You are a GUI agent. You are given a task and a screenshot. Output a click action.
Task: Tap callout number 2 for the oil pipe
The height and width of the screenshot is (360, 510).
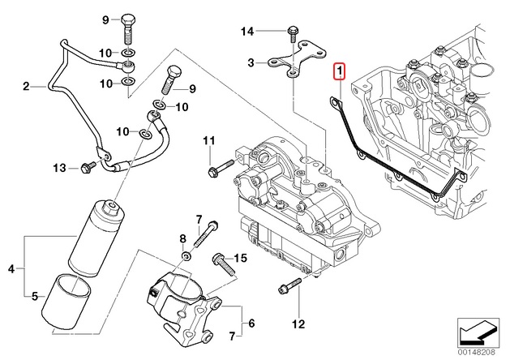[x=26, y=85]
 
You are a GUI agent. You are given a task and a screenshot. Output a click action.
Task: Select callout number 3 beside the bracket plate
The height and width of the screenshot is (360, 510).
[x=251, y=62]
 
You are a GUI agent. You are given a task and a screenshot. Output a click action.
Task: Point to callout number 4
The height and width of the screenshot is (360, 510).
[x=11, y=268]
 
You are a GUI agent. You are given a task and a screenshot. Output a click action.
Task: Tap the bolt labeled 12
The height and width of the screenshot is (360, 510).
[x=285, y=287]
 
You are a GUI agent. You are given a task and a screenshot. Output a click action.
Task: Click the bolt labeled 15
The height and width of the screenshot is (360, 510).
[x=219, y=260]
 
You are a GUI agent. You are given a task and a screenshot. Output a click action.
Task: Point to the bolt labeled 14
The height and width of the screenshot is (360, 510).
[x=289, y=33]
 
